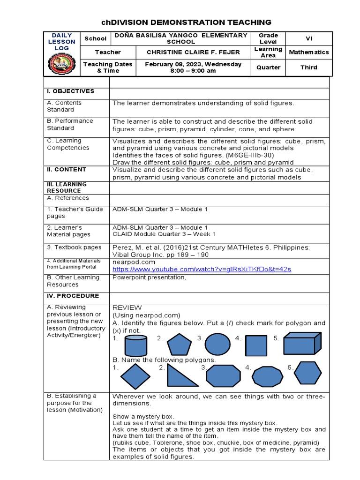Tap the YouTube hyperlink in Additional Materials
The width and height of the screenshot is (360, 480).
click(x=202, y=269)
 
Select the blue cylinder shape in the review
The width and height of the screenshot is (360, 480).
click(x=135, y=345)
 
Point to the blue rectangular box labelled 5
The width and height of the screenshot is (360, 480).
click(x=302, y=344)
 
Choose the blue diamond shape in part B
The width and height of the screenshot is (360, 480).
click(x=135, y=376)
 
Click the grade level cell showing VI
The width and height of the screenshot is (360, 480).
click(x=308, y=39)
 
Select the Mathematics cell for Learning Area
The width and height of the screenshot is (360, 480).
click(x=308, y=52)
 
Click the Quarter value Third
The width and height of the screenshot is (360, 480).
click(x=308, y=67)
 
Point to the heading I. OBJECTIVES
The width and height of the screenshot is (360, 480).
click(x=70, y=91)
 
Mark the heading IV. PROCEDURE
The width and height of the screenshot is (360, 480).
click(x=73, y=296)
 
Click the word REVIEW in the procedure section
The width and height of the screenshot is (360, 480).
click(x=127, y=307)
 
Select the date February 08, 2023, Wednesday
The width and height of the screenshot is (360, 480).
click(x=194, y=64)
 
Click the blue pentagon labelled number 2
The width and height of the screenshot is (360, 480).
click(x=179, y=345)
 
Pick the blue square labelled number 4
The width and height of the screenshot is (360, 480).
click(x=256, y=345)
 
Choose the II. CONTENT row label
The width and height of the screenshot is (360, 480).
click(x=67, y=170)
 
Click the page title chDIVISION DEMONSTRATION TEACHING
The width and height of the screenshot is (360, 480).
click(x=186, y=22)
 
